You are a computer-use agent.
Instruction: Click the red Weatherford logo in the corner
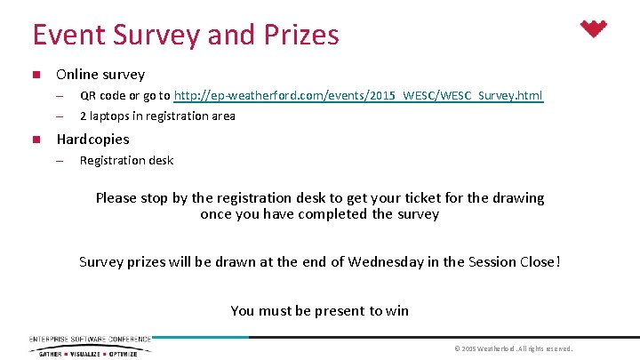tap(594, 29)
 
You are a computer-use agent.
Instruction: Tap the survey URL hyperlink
tap(358, 95)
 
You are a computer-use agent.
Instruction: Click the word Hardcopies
tap(92, 139)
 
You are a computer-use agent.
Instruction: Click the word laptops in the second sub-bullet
tap(113, 116)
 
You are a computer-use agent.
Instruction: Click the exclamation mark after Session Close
tap(557, 261)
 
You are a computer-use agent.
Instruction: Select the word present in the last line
tap(340, 310)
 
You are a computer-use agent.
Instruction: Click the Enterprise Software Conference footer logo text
tap(90, 339)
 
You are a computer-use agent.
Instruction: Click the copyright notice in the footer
tap(513, 348)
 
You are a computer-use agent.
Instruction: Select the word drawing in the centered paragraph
tap(520, 198)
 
